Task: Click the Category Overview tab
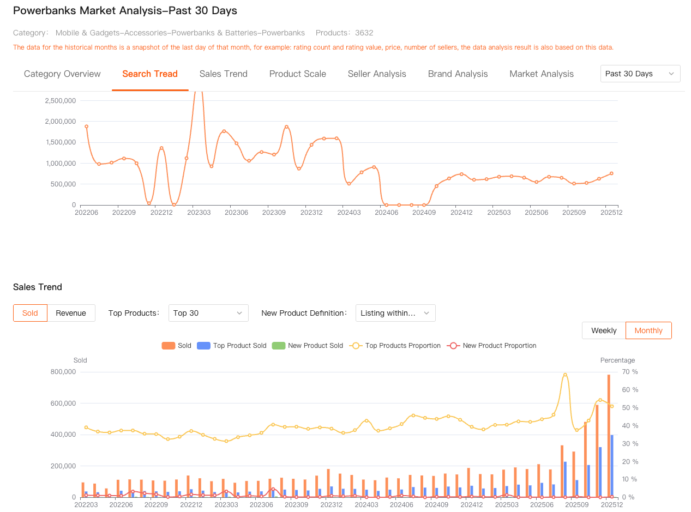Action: click(x=62, y=74)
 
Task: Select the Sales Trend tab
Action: click(x=223, y=74)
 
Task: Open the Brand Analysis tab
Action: click(x=458, y=74)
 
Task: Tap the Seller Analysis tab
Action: click(x=377, y=74)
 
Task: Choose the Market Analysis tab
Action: click(x=541, y=74)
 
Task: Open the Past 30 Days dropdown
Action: click(x=640, y=74)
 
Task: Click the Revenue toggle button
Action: click(x=71, y=313)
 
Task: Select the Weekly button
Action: click(x=604, y=330)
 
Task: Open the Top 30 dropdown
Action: click(x=208, y=313)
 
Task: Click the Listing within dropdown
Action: click(x=395, y=313)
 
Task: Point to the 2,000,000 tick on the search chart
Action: click(x=61, y=122)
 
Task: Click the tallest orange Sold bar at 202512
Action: click(x=609, y=436)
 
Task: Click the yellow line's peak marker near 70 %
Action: click(x=565, y=375)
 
